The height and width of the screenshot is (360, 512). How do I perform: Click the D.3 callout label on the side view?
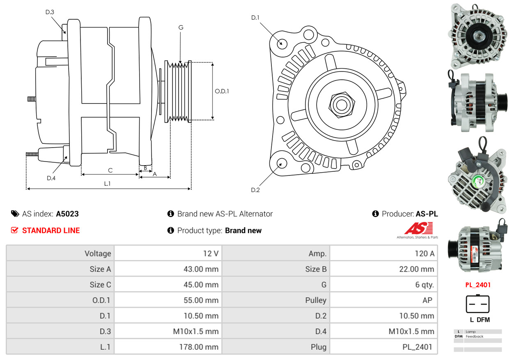pyautogui.click(x=50, y=12)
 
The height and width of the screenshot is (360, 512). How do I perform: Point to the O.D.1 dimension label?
pyautogui.click(x=222, y=91)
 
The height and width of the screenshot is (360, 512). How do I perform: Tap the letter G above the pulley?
pyautogui.click(x=181, y=28)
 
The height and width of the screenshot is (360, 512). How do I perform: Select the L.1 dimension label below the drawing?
pyautogui.click(x=107, y=184)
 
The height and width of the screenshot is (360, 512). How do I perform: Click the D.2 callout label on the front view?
pyautogui.click(x=255, y=190)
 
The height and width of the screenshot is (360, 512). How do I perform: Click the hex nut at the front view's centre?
pyautogui.click(x=340, y=104)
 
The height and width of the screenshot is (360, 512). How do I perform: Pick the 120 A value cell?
pyautogui.click(x=424, y=254)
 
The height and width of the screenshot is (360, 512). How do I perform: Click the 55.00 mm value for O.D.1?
pyautogui.click(x=201, y=300)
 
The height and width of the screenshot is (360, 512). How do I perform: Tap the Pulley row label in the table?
pyautogui.click(x=316, y=300)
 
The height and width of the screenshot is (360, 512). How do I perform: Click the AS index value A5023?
pyautogui.click(x=67, y=214)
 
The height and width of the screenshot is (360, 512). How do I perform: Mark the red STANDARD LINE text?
pyautogui.click(x=51, y=231)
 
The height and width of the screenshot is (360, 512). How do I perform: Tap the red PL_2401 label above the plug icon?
pyautogui.click(x=478, y=285)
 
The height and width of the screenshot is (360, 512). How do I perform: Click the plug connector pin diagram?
pyautogui.click(x=478, y=305)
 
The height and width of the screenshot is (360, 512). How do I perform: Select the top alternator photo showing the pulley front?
pyautogui.click(x=478, y=37)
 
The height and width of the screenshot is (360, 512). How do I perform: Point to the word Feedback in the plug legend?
pyautogui.click(x=475, y=337)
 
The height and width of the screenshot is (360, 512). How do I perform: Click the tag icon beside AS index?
pyautogui.click(x=15, y=214)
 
